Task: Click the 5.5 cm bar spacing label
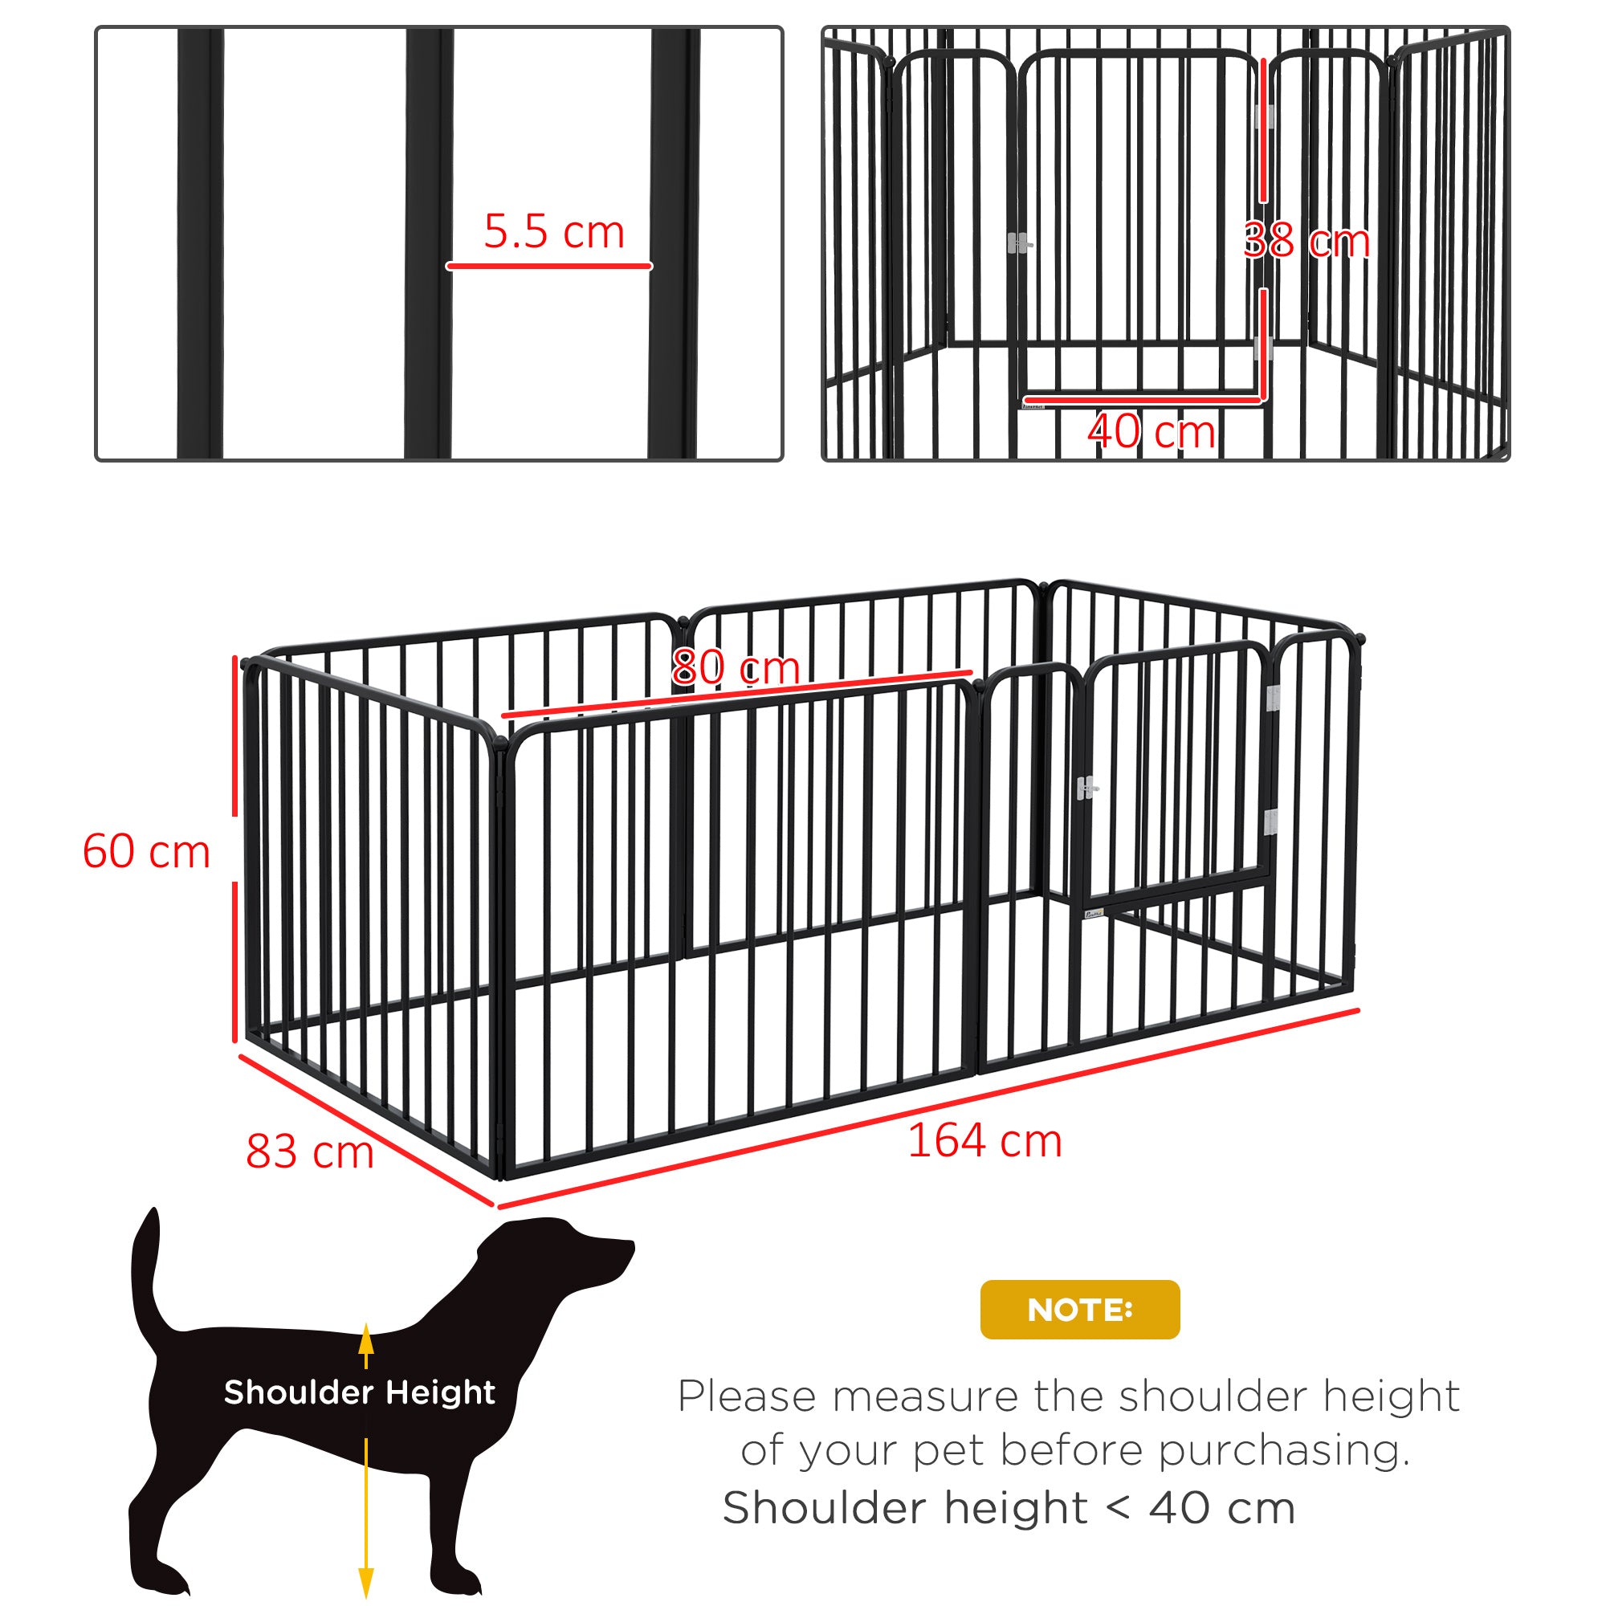coord(553,232)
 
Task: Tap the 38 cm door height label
coord(1306,241)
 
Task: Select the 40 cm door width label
coord(1152,432)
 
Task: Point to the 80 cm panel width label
coord(736,667)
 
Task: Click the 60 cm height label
coord(146,852)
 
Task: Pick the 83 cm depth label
coord(309,1152)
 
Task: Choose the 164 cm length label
coord(984,1140)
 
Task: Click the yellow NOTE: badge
coord(1079,1309)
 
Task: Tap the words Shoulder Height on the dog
coord(359,1392)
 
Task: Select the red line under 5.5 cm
coord(548,266)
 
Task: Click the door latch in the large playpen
coord(1086,788)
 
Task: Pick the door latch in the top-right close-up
coord(1019,243)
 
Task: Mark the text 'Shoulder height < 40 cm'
coord(1009,1508)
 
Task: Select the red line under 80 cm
coord(736,693)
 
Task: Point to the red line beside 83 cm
coord(365,1131)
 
